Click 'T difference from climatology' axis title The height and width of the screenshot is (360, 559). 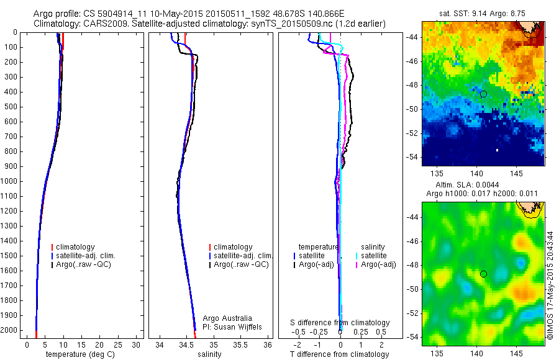pos(339,354)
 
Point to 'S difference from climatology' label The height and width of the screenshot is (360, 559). pos(340,323)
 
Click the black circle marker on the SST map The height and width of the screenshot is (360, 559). pos(483,94)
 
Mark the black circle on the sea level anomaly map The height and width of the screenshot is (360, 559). pos(483,274)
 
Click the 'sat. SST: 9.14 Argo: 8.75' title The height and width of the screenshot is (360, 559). pos(482,12)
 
